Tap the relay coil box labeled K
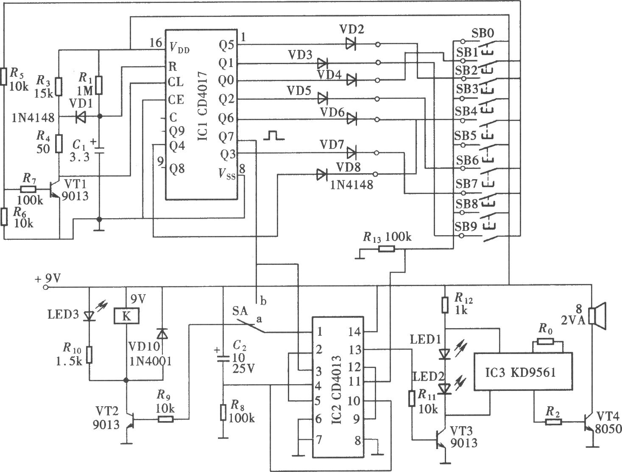pos(126,316)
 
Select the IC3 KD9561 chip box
pos(523,371)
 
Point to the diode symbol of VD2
pos(351,44)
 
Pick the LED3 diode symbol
pos(89,315)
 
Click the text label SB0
pos(483,34)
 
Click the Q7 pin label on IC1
pos(226,138)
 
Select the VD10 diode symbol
pos(163,334)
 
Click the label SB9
pos(466,227)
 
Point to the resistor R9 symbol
pos(165,419)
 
